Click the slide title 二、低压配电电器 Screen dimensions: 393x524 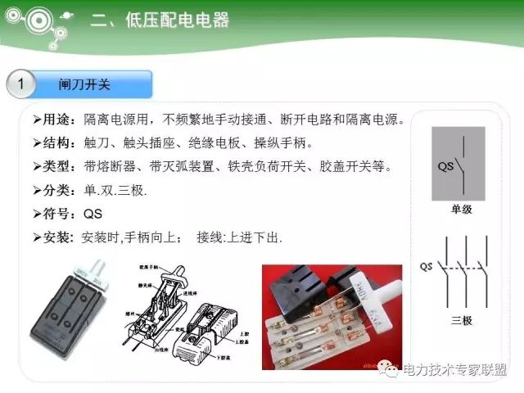pyautogui.click(x=160, y=20)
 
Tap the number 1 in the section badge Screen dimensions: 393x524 pyautogui.click(x=22, y=84)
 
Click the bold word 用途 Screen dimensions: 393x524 pyautogui.click(x=56, y=120)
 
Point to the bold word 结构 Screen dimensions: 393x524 pyautogui.click(x=56, y=143)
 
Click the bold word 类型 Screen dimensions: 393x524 pyautogui.click(x=56, y=167)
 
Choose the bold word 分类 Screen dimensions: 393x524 pyautogui.click(x=56, y=191)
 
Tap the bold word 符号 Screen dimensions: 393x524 pyautogui.click(x=56, y=215)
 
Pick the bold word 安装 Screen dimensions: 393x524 pyautogui.click(x=56, y=238)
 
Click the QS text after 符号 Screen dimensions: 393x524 pyautogui.click(x=94, y=215)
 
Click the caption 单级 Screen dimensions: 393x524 pyautogui.click(x=462, y=210)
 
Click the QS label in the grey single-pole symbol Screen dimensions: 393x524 pyautogui.click(x=445, y=166)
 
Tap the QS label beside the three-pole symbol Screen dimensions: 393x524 pyautogui.click(x=427, y=267)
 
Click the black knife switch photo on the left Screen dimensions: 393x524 pyautogui.click(x=71, y=307)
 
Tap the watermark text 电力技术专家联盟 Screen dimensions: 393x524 pyautogui.click(x=458, y=371)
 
